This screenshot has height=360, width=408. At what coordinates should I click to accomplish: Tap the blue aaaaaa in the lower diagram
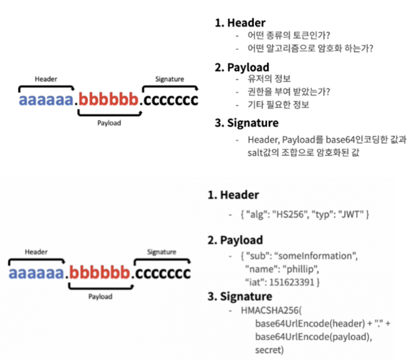pyautogui.click(x=37, y=273)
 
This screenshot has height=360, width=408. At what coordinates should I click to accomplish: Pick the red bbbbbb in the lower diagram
pyautogui.click(x=100, y=273)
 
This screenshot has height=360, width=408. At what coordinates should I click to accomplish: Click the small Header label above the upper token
pyautogui.click(x=46, y=79)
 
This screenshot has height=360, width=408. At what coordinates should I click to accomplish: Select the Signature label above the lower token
pyautogui.click(x=162, y=252)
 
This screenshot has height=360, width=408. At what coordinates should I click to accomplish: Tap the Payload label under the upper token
pyautogui.click(x=109, y=123)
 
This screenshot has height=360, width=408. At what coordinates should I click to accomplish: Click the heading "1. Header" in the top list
pyautogui.click(x=238, y=22)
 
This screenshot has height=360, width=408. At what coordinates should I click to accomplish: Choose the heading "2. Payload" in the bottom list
pyautogui.click(x=236, y=240)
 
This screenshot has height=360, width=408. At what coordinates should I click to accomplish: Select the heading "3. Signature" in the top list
pyautogui.click(x=248, y=124)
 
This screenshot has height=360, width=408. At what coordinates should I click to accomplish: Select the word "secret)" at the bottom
pyautogui.click(x=270, y=349)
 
